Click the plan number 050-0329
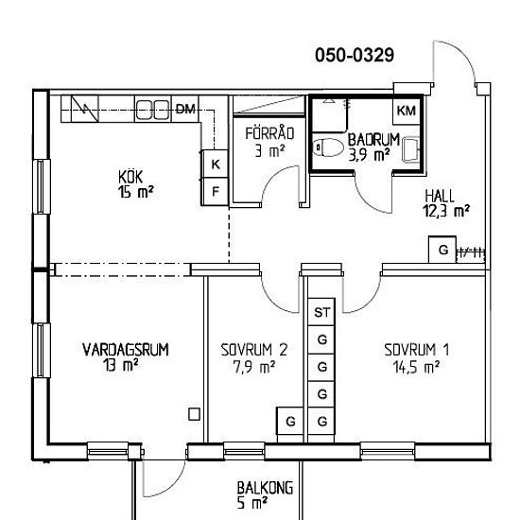[x=355, y=55]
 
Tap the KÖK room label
[x=130, y=177]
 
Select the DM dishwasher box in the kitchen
[x=184, y=109]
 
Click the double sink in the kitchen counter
[x=153, y=110]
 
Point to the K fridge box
[x=216, y=164]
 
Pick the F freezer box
[x=216, y=191]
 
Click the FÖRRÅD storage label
[x=269, y=133]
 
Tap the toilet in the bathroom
[x=329, y=147]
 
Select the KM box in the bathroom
[x=407, y=110]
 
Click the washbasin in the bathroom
[x=411, y=149]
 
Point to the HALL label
[x=440, y=196]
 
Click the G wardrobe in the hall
[x=442, y=250]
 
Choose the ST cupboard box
[x=321, y=312]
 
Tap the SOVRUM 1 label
[x=417, y=350]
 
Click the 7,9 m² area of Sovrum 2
[x=254, y=367]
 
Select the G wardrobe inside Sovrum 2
[x=290, y=422]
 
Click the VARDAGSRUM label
[x=126, y=350]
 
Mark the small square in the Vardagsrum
[x=194, y=414]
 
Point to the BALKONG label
[x=265, y=488]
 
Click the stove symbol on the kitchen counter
[x=85, y=109]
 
